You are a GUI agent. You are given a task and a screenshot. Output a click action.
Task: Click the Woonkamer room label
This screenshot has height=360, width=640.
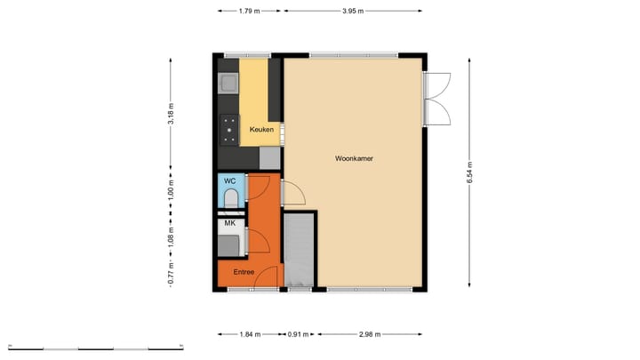(353, 159)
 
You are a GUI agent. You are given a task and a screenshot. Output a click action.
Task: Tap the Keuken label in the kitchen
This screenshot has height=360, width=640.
(261, 130)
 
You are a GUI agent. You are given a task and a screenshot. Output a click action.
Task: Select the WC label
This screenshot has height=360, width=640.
(228, 180)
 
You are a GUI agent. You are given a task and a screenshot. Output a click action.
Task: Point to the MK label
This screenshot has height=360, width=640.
(229, 223)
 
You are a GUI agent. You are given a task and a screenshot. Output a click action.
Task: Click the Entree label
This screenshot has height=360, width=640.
(244, 272)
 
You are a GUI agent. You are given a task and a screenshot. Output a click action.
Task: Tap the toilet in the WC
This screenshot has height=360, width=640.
(230, 196)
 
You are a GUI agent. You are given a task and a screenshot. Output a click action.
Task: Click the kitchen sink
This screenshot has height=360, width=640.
(228, 84)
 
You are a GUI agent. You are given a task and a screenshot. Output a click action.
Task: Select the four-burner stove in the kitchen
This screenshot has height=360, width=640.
(229, 130)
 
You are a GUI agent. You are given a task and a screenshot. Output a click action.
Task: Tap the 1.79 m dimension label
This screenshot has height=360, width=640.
(250, 12)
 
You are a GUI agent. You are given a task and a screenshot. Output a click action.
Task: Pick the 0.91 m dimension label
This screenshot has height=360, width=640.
(299, 335)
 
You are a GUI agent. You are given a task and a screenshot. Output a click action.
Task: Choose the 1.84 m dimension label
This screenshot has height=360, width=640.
(250, 335)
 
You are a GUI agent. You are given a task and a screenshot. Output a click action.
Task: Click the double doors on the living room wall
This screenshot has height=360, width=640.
(434, 98)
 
